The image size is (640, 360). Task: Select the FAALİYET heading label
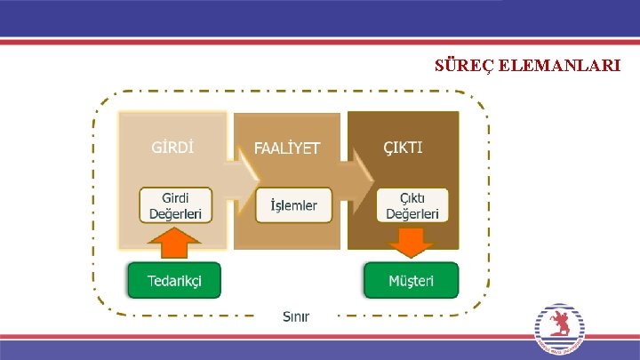[x=286, y=147]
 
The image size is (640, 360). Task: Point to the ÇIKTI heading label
[x=403, y=145]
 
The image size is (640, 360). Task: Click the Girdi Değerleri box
[x=175, y=204]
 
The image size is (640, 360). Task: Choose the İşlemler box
[x=292, y=205]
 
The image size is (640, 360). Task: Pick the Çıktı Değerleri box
[x=412, y=204]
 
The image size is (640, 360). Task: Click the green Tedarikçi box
[x=173, y=280]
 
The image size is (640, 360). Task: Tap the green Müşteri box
[x=411, y=280]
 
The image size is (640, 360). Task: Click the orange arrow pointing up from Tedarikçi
[x=176, y=242]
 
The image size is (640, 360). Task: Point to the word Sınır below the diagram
[x=296, y=316]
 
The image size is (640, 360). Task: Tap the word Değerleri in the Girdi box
[x=175, y=213]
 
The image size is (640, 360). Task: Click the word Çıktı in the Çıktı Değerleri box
[x=412, y=196]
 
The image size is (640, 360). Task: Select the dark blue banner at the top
[x=320, y=18]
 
